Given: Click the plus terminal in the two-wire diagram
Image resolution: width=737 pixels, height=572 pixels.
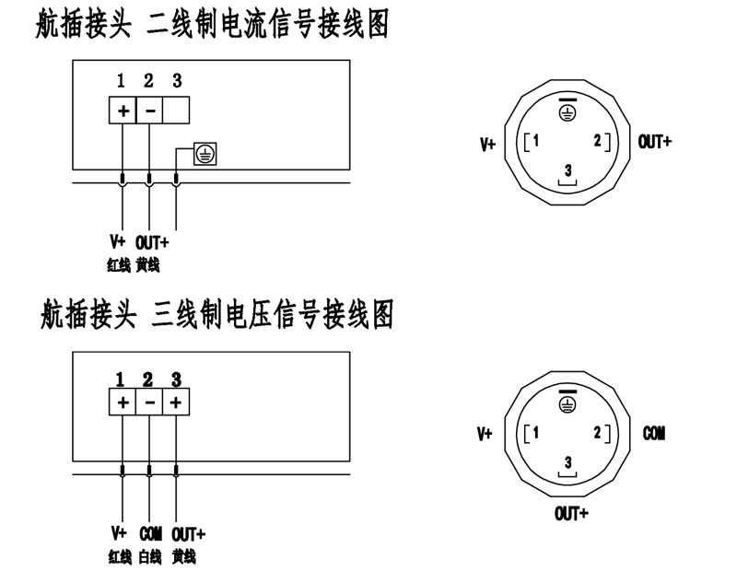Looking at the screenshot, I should [x=122, y=111].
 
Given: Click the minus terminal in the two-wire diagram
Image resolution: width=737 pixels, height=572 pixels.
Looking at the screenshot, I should [x=150, y=111].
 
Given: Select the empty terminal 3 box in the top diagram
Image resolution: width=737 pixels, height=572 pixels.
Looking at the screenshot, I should [x=177, y=111].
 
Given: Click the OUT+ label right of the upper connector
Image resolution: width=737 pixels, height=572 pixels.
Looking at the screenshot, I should [x=655, y=142].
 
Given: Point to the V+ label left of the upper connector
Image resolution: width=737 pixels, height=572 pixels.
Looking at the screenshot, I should [x=487, y=145].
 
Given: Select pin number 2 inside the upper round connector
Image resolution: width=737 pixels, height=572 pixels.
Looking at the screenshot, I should [x=598, y=141].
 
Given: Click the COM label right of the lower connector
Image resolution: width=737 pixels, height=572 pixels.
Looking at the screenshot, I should [x=654, y=433].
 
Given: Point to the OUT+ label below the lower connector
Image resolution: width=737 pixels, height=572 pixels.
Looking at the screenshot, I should [x=571, y=513].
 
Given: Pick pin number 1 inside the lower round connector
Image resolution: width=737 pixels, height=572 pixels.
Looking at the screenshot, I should [x=535, y=433].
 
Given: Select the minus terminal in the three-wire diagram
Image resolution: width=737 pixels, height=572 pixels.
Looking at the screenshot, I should [x=149, y=403].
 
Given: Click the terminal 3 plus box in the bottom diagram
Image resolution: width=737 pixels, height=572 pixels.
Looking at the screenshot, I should [x=176, y=403].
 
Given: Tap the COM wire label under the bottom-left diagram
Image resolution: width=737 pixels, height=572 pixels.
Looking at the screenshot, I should [x=150, y=533].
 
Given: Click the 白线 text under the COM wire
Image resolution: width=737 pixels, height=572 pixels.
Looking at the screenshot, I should [x=150, y=557].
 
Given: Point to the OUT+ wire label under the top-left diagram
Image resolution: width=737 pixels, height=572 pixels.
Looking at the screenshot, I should [x=152, y=243].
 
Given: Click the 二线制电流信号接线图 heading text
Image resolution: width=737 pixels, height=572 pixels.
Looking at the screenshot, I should [x=268, y=25].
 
